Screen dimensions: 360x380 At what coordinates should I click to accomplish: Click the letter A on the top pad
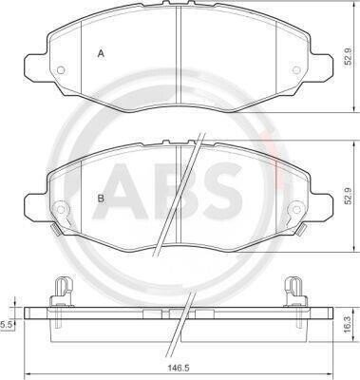coord(101,53)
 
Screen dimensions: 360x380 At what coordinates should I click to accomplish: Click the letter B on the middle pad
coord(101,199)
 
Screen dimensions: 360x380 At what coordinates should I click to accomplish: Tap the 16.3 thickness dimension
coord(348,326)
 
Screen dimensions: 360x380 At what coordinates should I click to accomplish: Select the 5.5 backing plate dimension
coord(6,324)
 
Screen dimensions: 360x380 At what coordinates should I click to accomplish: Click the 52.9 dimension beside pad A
coord(348,57)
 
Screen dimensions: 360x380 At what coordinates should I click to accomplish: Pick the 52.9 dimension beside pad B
coord(348,196)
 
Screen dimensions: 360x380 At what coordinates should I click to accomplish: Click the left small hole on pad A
coord(61,70)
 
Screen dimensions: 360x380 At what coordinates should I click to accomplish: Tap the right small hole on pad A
coord(296,70)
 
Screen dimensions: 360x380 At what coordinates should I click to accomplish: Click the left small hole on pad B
coord(61,209)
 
